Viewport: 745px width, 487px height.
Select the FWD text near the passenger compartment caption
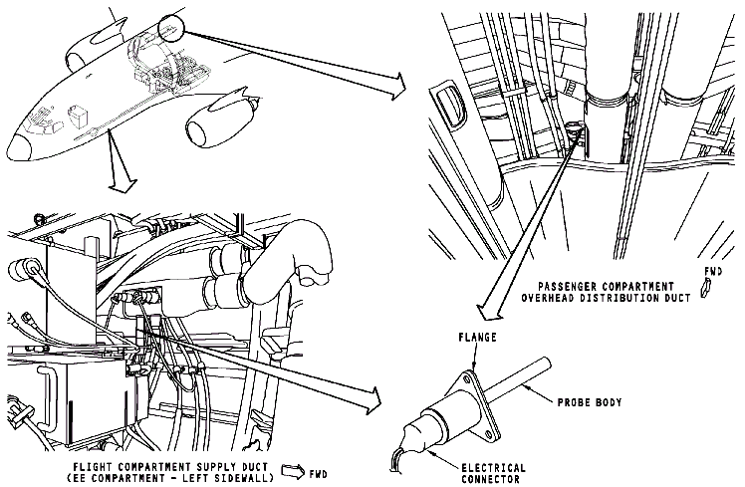[712, 270]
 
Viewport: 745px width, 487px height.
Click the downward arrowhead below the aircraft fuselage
[122, 182]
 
